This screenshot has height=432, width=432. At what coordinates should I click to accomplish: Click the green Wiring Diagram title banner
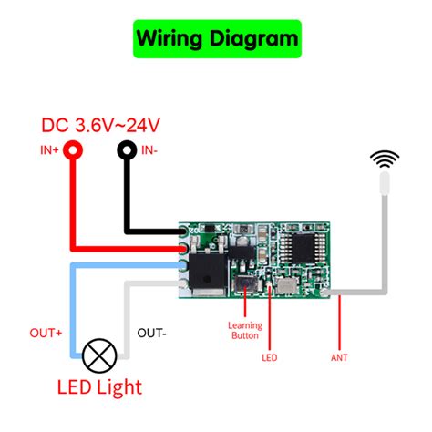(216, 39)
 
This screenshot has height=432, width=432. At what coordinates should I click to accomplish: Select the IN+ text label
(49, 150)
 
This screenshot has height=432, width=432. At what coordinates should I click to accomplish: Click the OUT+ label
(46, 334)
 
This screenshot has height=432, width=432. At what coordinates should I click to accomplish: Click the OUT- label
(151, 334)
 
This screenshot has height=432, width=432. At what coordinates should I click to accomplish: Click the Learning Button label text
(245, 331)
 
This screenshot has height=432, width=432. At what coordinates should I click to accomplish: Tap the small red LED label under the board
(270, 358)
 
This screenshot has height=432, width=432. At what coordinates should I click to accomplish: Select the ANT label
(339, 358)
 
